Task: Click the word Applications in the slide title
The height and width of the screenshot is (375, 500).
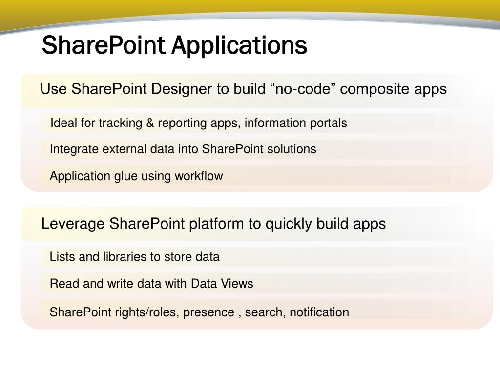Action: click(239, 45)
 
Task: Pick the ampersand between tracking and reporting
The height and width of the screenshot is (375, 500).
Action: click(150, 123)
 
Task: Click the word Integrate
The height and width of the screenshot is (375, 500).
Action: click(74, 149)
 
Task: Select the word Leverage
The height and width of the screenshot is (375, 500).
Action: click(73, 224)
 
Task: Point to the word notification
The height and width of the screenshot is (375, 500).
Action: click(319, 312)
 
